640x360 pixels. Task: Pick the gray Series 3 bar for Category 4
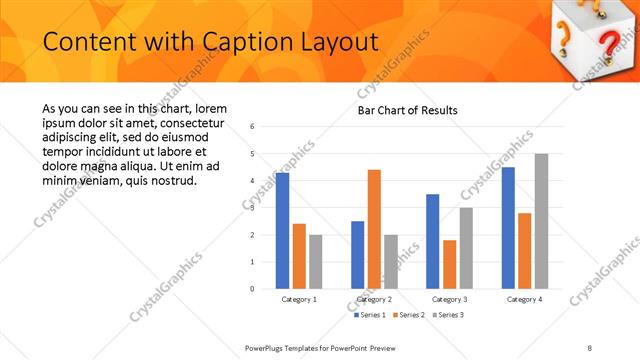click(541, 221)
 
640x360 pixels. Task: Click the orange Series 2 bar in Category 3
click(449, 264)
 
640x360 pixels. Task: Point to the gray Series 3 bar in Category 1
click(316, 261)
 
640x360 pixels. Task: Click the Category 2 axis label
click(374, 299)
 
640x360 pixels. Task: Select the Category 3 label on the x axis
click(449, 299)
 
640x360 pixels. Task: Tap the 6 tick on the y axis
click(253, 127)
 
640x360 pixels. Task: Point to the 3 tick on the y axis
click(253, 208)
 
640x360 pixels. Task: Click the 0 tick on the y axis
click(253, 289)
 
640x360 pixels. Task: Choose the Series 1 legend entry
click(371, 315)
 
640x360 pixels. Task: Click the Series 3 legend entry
click(448, 315)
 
